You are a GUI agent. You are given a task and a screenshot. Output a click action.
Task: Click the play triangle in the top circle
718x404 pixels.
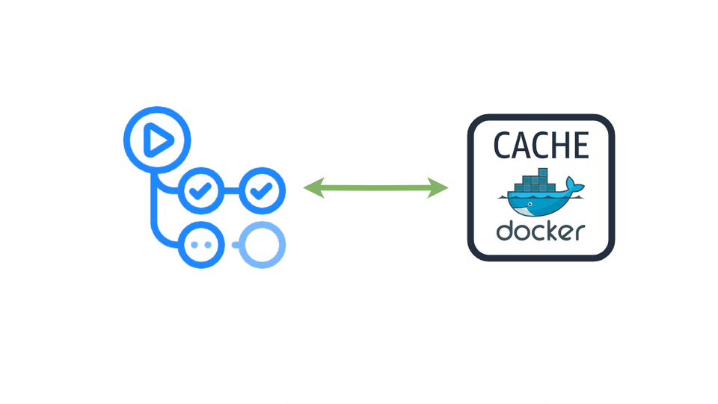(x=158, y=140)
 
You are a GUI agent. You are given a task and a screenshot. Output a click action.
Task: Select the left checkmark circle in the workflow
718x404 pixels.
(x=200, y=191)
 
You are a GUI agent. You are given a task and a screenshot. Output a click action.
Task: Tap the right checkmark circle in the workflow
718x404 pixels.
(x=260, y=191)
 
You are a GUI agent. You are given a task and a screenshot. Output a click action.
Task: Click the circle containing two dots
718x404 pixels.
(x=200, y=244)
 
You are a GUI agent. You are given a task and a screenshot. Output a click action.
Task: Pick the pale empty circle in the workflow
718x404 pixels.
(x=261, y=244)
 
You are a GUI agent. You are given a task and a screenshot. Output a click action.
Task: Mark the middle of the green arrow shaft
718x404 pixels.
(x=375, y=188)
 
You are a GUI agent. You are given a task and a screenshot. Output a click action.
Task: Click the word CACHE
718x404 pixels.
(x=541, y=146)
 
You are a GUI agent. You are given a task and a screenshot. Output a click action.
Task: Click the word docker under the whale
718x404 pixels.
(x=540, y=231)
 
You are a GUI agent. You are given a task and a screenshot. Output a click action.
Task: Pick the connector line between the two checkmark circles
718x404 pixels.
(x=230, y=191)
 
